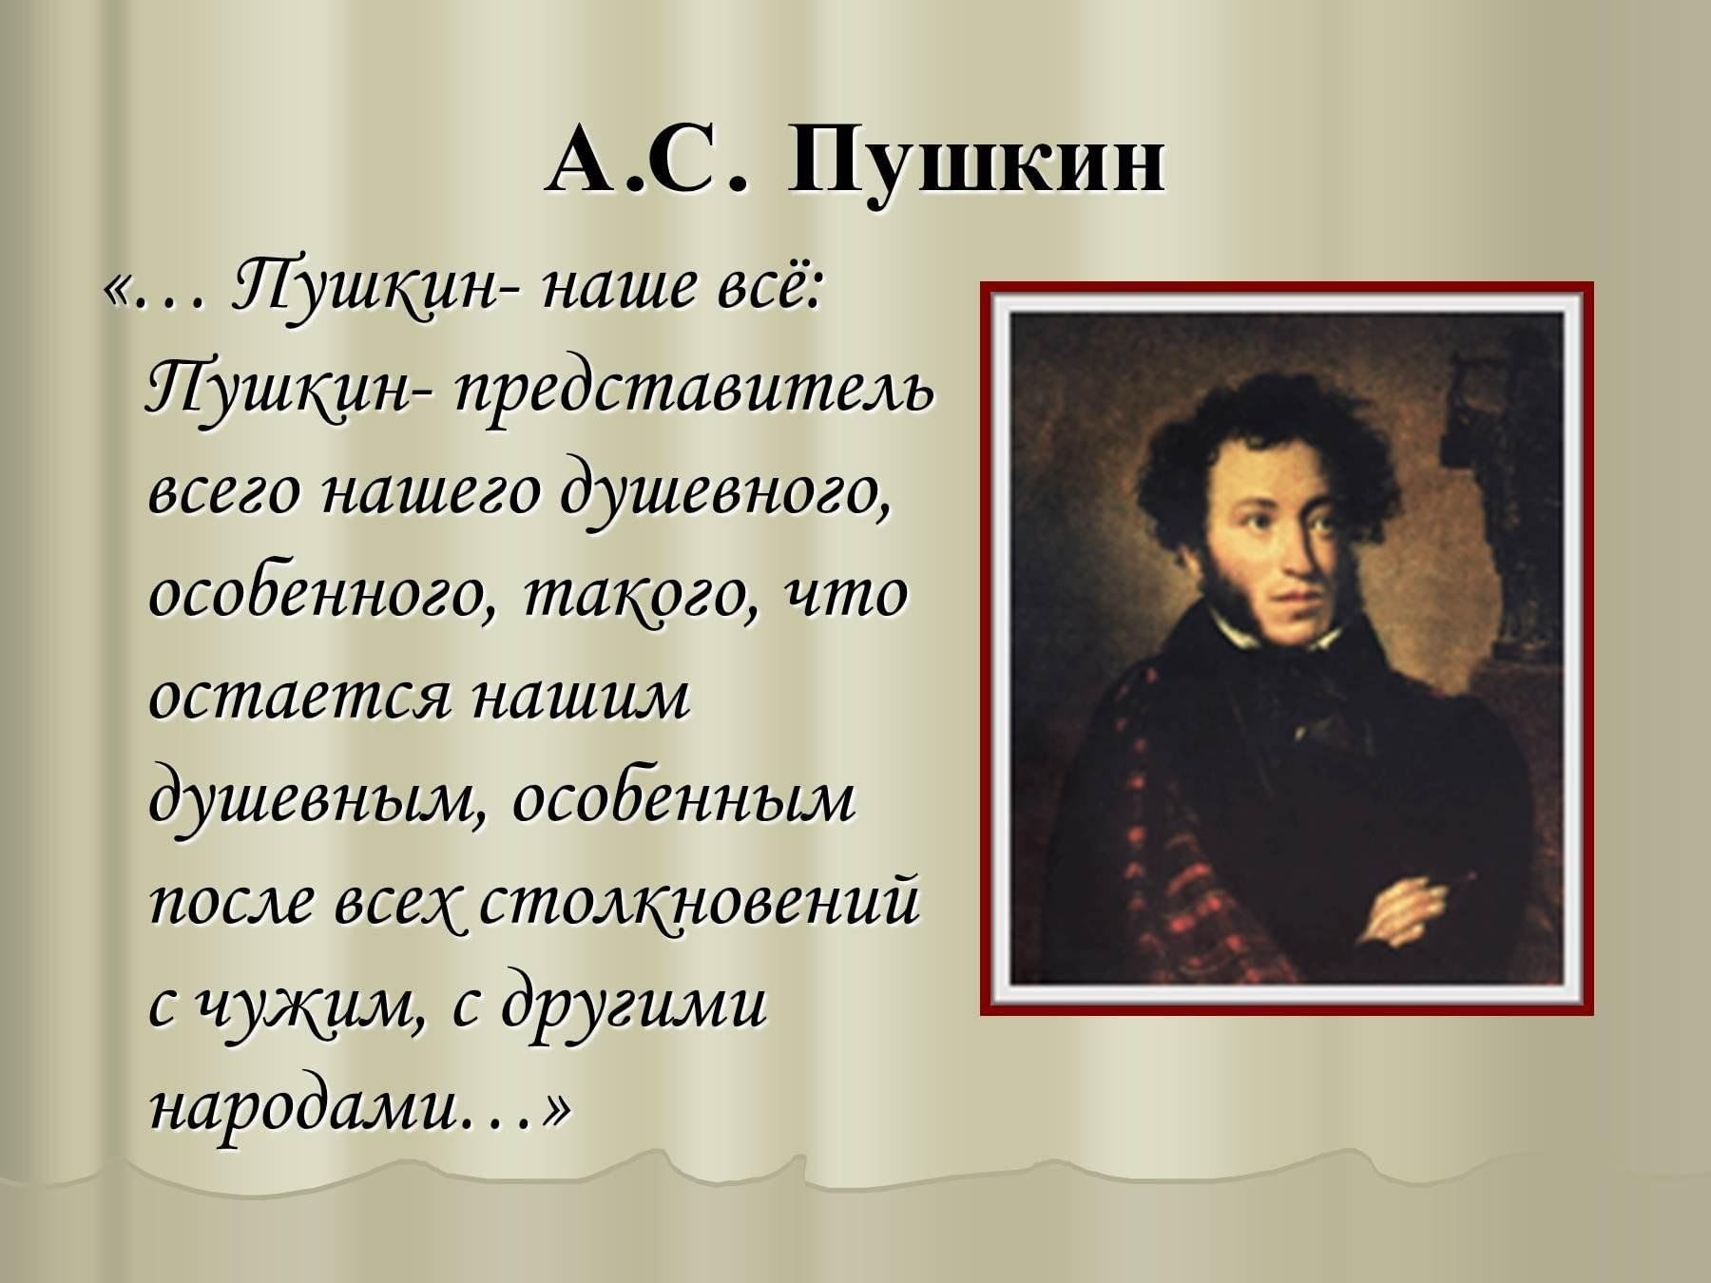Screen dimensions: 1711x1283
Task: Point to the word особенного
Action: [x=319, y=597]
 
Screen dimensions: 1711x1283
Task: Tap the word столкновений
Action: [x=700, y=904]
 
